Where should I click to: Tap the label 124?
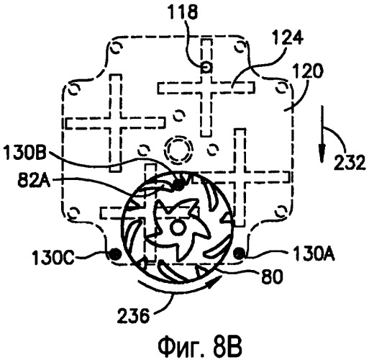click(288, 37)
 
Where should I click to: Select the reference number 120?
click(308, 71)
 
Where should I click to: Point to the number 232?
click(350, 163)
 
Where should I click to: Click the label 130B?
click(24, 153)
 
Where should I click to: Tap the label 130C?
click(53, 258)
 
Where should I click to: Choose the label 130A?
click(314, 253)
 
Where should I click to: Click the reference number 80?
click(273, 276)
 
